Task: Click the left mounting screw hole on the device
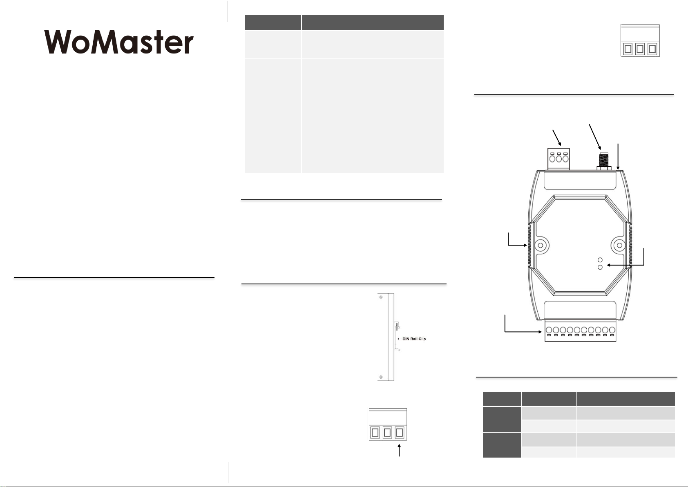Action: [541, 246]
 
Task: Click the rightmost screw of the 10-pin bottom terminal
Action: [612, 330]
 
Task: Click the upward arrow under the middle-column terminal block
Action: [399, 451]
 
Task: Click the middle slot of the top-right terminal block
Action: [640, 49]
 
